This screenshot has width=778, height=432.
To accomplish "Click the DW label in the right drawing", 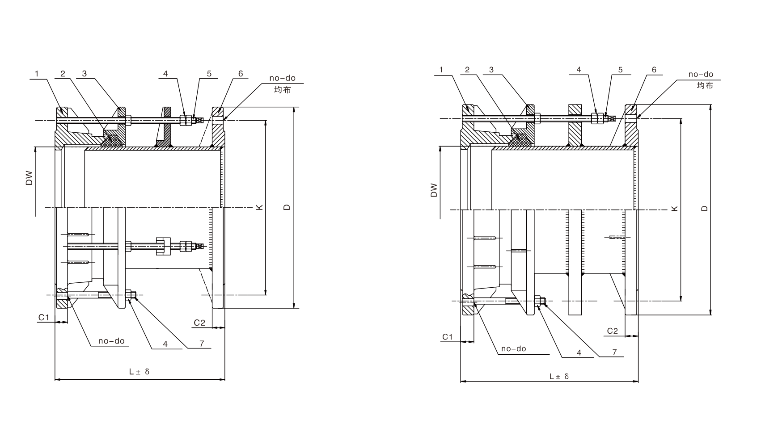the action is pyautogui.click(x=434, y=190).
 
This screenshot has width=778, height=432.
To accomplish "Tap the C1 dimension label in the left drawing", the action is pyautogui.click(x=43, y=317).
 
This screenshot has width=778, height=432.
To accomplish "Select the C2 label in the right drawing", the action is pyautogui.click(x=612, y=331).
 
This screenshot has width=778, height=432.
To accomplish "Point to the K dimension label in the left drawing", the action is pyautogui.click(x=259, y=207).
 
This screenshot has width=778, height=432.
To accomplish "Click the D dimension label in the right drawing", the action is pyautogui.click(x=705, y=208).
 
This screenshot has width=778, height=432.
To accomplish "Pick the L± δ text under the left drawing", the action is pyautogui.click(x=139, y=371).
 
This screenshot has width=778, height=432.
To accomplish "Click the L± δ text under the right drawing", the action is pyautogui.click(x=559, y=376).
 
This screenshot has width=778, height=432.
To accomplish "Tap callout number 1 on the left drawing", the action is pyautogui.click(x=37, y=74).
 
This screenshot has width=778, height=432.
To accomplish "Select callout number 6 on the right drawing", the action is pyautogui.click(x=654, y=70).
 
